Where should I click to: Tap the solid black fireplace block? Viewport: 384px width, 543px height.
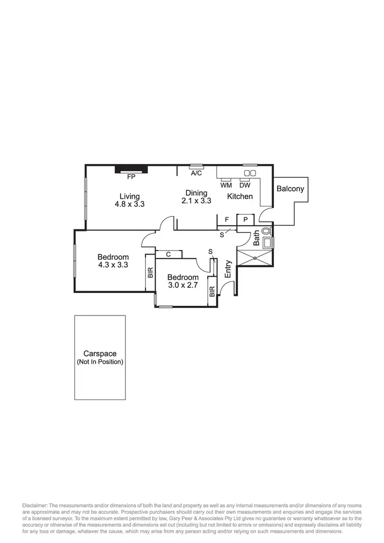point(131,169)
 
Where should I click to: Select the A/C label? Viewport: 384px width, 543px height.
point(196,173)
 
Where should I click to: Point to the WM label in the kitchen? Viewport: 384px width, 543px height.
point(226,185)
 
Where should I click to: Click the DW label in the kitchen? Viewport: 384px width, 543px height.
point(245,185)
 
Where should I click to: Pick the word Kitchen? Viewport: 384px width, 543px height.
point(240,196)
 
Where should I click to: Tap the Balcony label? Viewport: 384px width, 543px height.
point(290,189)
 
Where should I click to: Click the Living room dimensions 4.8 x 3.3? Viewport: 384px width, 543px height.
point(130,204)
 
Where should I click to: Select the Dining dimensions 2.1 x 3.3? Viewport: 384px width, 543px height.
point(196,201)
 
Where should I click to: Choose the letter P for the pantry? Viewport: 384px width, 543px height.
point(246,220)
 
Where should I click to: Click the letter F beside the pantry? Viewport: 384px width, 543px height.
point(227,220)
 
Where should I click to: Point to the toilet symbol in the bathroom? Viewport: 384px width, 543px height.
point(266,231)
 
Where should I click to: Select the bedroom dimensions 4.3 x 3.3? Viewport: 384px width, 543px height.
point(113,265)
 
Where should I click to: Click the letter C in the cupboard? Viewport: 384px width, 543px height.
point(168,254)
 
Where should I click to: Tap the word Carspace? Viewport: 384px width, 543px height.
point(100,353)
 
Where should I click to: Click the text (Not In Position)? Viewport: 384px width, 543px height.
point(100,362)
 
